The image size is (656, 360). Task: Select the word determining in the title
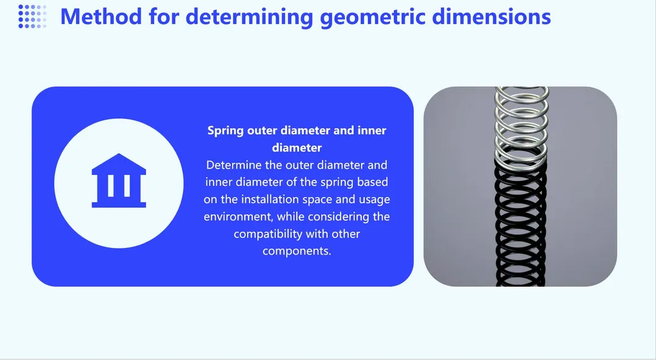tap(250, 17)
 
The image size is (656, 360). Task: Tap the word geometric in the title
tap(373, 17)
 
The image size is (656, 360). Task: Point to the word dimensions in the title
tap(491, 17)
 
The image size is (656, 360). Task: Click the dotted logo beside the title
tap(32, 17)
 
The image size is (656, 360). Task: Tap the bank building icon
tap(119, 180)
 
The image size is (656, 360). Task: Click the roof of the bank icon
tap(119, 164)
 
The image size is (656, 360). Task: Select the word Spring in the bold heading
tap(225, 131)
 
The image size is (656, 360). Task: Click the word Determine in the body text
tap(234, 165)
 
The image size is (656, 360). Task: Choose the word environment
tap(238, 216)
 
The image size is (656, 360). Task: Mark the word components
tap(297, 252)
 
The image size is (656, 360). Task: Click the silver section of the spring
tap(521, 126)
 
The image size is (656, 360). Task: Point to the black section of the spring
tap(520, 226)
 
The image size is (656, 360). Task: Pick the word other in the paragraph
tap(346, 234)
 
